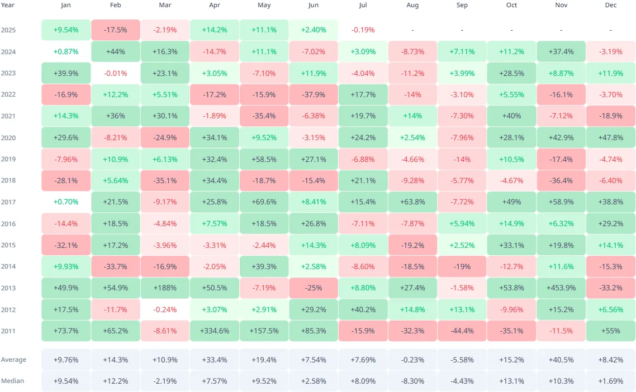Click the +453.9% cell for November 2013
click(561, 288)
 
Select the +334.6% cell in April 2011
click(215, 331)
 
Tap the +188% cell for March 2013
click(165, 288)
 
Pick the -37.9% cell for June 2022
click(314, 94)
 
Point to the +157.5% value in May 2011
click(264, 331)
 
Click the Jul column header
click(363, 5)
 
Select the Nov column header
click(561, 5)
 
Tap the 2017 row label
click(8, 202)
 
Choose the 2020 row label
click(8, 137)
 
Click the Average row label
click(13, 360)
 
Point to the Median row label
click(13, 381)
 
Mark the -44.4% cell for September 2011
click(462, 331)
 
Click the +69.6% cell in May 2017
click(264, 202)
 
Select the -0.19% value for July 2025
click(363, 30)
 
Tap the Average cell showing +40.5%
click(561, 360)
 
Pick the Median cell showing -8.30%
click(412, 381)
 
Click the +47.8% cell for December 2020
click(611, 137)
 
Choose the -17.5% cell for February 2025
click(116, 30)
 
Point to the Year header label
click(8, 5)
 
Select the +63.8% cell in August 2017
click(412, 202)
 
